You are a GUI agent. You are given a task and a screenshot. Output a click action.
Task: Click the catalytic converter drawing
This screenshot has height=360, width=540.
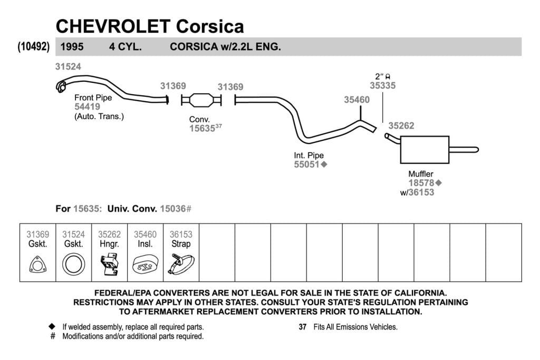(201, 100)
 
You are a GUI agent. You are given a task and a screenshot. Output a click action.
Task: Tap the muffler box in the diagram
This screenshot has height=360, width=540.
(425, 150)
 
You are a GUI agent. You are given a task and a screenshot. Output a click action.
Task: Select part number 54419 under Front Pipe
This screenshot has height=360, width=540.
(87, 106)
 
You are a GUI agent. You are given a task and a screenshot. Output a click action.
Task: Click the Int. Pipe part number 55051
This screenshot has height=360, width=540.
(306, 164)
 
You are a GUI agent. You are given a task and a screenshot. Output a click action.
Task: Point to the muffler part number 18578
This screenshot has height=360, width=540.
(421, 183)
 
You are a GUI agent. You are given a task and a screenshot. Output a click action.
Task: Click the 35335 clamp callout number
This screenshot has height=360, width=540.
(383, 86)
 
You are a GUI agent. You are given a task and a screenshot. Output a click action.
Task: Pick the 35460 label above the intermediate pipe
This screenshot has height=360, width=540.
(357, 100)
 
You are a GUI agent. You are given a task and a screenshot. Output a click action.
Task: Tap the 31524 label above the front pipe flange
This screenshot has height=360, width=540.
(68, 67)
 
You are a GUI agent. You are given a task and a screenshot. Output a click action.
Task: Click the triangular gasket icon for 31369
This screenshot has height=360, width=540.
(37, 265)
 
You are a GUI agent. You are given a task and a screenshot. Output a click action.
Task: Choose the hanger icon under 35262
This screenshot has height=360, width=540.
(110, 264)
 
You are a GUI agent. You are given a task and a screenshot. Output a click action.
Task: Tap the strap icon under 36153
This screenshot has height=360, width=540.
(181, 264)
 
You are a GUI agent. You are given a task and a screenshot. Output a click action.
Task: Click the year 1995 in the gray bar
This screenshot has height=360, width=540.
(72, 47)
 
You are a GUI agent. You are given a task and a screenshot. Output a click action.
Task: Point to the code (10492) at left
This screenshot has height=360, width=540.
(33, 46)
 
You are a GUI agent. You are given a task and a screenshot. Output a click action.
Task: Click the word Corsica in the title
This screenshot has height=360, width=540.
(210, 26)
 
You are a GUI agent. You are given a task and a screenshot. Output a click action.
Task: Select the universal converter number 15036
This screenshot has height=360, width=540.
(173, 209)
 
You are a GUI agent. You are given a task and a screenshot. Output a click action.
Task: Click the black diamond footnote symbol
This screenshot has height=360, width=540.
(52, 326)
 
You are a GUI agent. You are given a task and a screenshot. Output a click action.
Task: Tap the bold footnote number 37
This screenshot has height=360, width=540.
(302, 327)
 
